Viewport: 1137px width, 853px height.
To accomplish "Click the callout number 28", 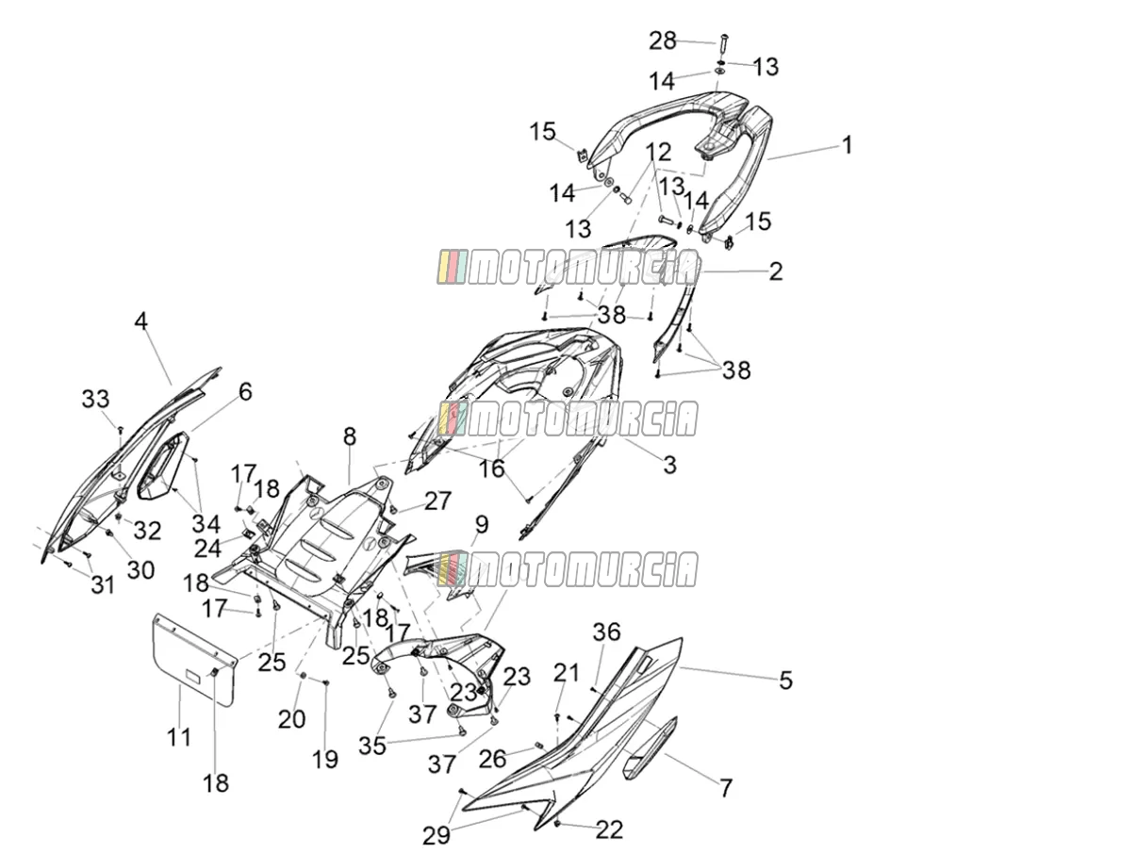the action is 663,41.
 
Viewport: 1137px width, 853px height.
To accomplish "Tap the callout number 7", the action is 726,788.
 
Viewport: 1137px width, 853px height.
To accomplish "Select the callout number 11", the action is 179,737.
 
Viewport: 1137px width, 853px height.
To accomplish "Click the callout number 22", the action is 609,829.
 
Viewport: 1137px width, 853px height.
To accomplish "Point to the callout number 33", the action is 96,399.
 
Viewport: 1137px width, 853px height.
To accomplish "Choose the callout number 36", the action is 606,632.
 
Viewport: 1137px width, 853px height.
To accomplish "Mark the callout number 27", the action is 437,500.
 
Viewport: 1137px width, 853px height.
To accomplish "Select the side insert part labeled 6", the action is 161,467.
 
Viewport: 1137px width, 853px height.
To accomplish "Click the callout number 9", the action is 482,525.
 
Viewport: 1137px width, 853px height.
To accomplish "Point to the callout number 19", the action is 324,760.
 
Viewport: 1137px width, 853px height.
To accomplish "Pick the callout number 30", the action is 140,570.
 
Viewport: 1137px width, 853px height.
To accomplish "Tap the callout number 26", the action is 492,760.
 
